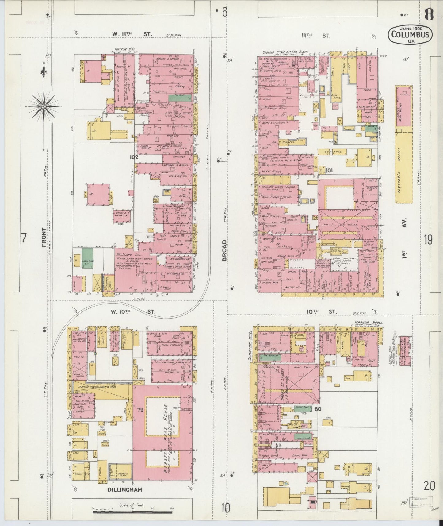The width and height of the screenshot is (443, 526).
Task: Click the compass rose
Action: [x=44, y=106]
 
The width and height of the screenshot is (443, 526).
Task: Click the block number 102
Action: [x=134, y=157]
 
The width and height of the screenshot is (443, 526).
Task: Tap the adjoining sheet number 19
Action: [x=428, y=240]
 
